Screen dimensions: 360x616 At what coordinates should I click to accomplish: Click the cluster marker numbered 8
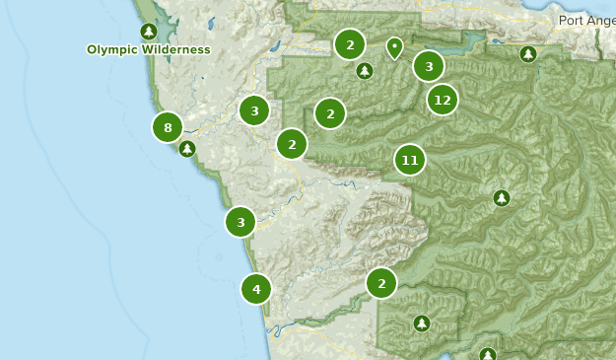[168, 127]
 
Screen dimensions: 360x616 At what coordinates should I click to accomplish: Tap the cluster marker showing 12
[443, 100]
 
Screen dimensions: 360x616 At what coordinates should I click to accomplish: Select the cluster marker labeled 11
[410, 160]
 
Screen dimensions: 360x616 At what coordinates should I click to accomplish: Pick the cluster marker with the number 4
[256, 289]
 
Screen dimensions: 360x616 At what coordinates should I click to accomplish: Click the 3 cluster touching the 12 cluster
[428, 67]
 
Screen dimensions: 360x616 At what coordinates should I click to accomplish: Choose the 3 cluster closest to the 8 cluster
[254, 110]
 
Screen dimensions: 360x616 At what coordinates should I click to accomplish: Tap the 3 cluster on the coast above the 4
[240, 222]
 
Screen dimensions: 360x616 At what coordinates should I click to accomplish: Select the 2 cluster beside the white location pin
[349, 44]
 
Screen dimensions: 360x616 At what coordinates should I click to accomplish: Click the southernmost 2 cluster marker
[380, 284]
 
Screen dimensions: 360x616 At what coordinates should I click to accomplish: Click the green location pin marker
[394, 46]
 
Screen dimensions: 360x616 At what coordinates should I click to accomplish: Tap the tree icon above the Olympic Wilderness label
[148, 32]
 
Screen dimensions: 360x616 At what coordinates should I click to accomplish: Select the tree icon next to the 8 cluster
[186, 149]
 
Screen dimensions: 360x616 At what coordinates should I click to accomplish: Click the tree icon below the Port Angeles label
[528, 54]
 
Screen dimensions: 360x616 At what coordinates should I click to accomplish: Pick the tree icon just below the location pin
[365, 71]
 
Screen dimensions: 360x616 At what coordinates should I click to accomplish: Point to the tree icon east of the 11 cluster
[502, 198]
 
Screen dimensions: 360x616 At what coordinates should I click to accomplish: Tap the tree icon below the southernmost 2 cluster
[422, 324]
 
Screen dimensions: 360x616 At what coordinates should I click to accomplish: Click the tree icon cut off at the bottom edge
[487, 354]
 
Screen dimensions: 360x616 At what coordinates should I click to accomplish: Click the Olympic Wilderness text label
[148, 49]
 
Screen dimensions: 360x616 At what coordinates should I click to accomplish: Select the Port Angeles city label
[585, 20]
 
